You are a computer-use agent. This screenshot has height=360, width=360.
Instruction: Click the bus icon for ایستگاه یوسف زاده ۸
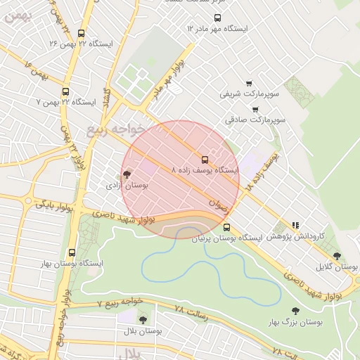[205, 160]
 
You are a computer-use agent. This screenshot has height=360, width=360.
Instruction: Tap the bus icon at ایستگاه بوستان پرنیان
[226, 227]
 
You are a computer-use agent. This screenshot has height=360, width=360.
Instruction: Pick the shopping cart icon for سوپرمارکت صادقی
[255, 109]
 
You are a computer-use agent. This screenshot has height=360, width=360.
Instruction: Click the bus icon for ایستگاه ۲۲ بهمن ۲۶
[82, 33]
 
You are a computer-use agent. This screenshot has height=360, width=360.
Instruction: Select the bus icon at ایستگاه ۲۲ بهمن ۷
[65, 91]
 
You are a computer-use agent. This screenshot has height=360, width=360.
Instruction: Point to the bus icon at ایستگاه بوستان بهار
[72, 252]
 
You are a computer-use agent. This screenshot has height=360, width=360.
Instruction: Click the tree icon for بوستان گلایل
[337, 256]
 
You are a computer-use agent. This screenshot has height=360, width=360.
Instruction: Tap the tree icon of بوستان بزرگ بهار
[295, 311]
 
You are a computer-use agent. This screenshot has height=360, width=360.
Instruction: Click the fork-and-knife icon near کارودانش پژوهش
[295, 226]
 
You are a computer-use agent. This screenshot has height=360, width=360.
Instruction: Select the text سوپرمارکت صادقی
[260, 120]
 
